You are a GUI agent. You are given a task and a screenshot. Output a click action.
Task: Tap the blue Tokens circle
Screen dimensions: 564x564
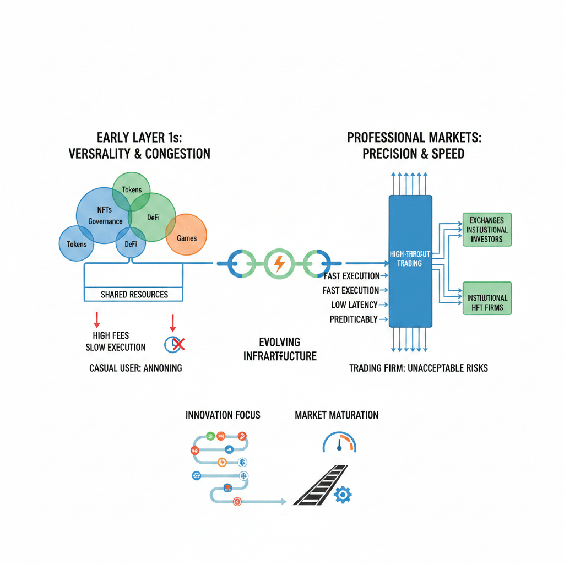(x=77, y=243)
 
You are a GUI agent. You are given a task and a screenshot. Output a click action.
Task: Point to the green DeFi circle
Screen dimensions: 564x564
(x=153, y=217)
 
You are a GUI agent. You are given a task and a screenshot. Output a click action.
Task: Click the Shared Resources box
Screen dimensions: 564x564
(x=134, y=294)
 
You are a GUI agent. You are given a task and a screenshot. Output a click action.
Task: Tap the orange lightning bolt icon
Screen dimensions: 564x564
(x=279, y=264)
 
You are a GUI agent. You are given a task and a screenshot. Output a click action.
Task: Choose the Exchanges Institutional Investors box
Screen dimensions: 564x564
(x=486, y=229)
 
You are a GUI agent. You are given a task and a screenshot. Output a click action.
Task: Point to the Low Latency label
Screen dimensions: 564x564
(x=354, y=305)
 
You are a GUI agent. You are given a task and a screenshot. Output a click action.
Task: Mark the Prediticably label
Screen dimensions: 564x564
(x=354, y=319)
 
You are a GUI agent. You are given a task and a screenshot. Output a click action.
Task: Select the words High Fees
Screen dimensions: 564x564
(x=111, y=335)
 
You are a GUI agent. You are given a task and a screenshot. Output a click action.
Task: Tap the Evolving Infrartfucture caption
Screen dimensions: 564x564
(x=280, y=349)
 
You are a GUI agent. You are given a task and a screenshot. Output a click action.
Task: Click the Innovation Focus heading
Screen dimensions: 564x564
(x=223, y=415)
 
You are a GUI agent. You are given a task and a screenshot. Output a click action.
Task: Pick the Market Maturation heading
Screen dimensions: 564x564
(x=337, y=415)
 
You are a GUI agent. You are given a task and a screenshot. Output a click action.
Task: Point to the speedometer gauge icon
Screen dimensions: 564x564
(x=339, y=443)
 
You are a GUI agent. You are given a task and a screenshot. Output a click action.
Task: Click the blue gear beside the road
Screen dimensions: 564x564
(x=342, y=495)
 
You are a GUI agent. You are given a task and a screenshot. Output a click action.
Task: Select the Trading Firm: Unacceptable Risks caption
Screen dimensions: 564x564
(x=419, y=367)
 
